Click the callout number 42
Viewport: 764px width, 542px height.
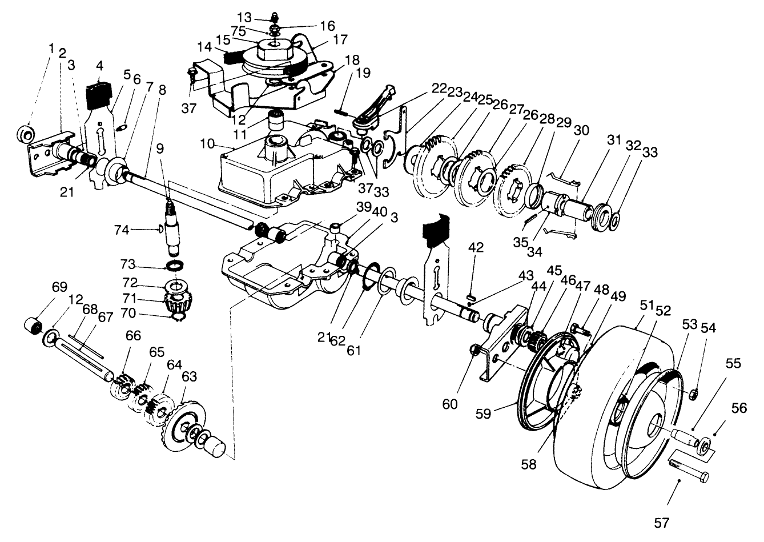tap(476, 247)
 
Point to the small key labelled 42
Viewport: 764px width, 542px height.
tap(470, 296)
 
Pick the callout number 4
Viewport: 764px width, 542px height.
tap(100, 66)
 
